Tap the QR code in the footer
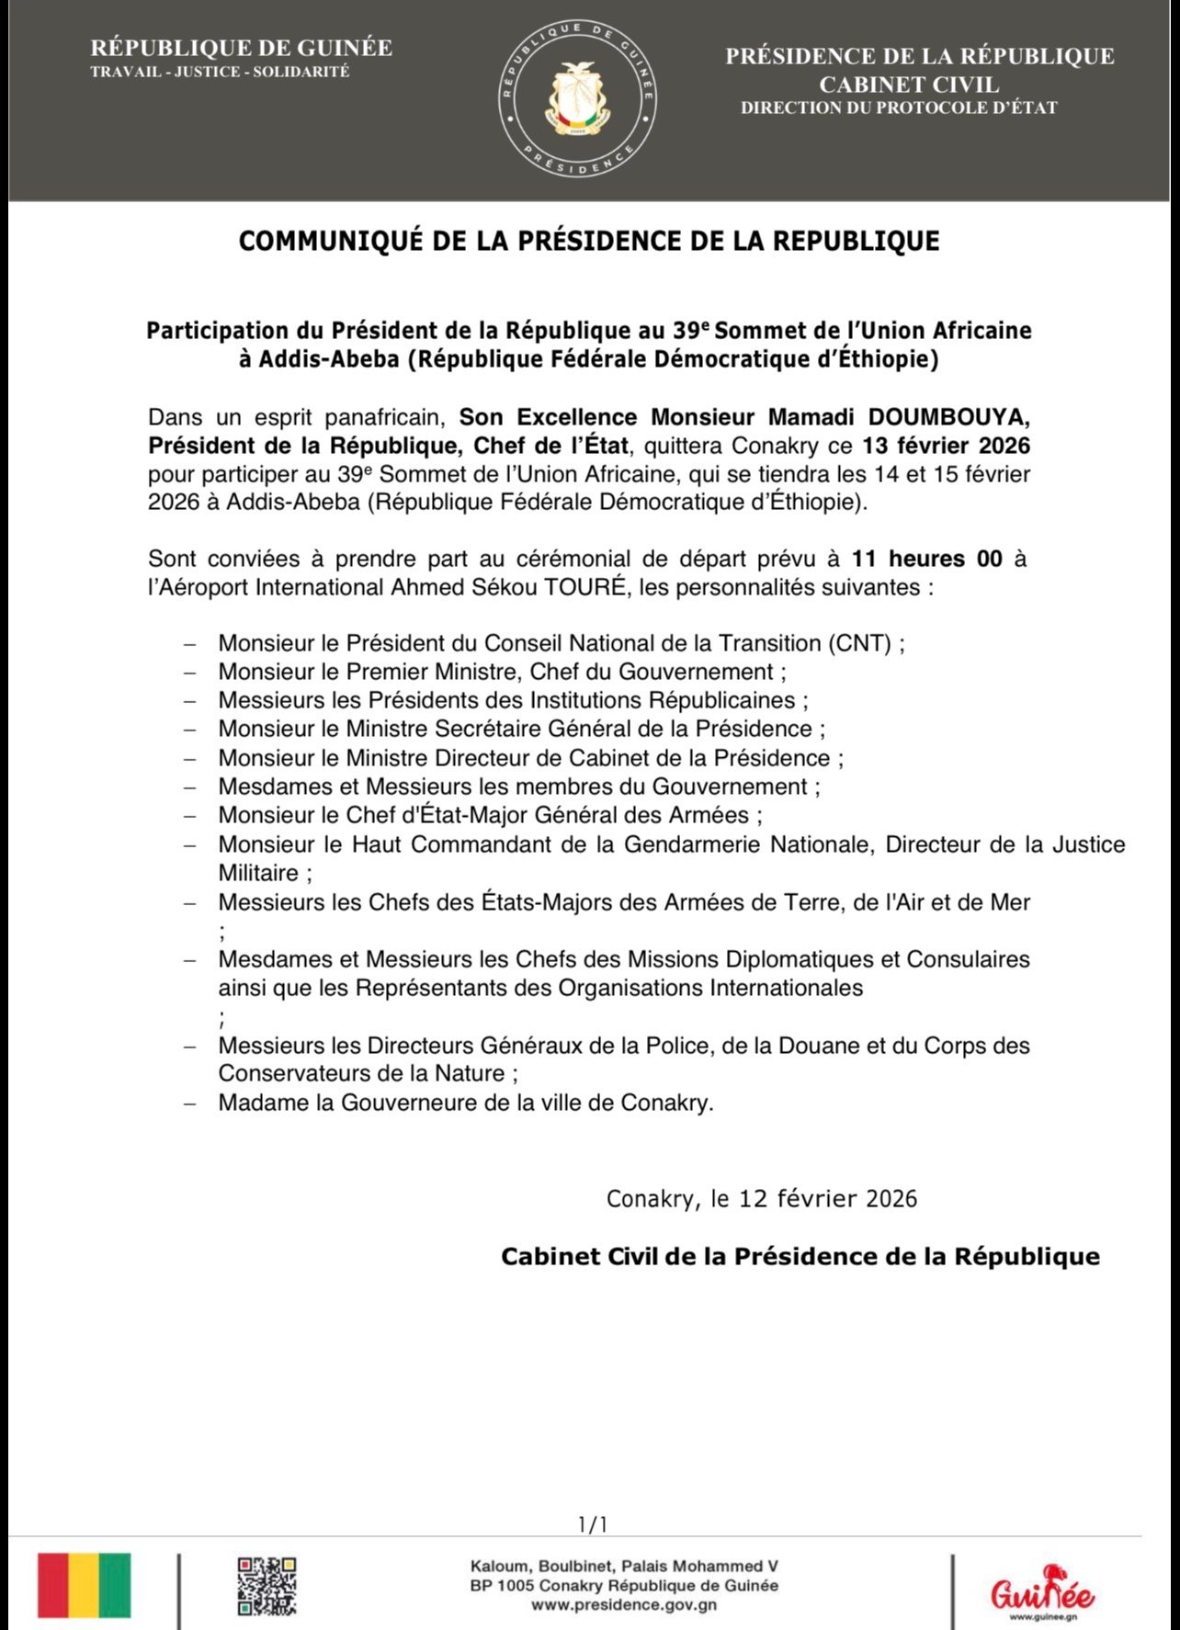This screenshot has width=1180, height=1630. [267, 1585]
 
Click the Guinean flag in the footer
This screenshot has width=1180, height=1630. [84, 1585]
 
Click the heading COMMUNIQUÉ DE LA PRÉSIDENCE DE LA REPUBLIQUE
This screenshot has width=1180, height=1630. [589, 241]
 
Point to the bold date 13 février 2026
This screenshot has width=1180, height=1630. [946, 447]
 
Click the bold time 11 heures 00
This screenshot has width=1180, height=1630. [926, 559]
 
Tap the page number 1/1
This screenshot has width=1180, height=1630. [593, 1525]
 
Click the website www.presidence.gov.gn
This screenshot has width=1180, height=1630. [624, 1605]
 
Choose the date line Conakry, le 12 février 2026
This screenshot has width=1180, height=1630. [762, 1198]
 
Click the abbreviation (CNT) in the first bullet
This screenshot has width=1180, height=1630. [858, 643]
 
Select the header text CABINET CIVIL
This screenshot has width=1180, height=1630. [909, 85]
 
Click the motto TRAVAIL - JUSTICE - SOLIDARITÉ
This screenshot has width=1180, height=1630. [220, 72]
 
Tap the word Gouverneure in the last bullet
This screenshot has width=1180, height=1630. [402, 1103]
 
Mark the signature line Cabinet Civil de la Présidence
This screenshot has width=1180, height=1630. [800, 1256]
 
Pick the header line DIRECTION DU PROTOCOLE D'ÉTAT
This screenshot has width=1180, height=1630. [899, 108]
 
